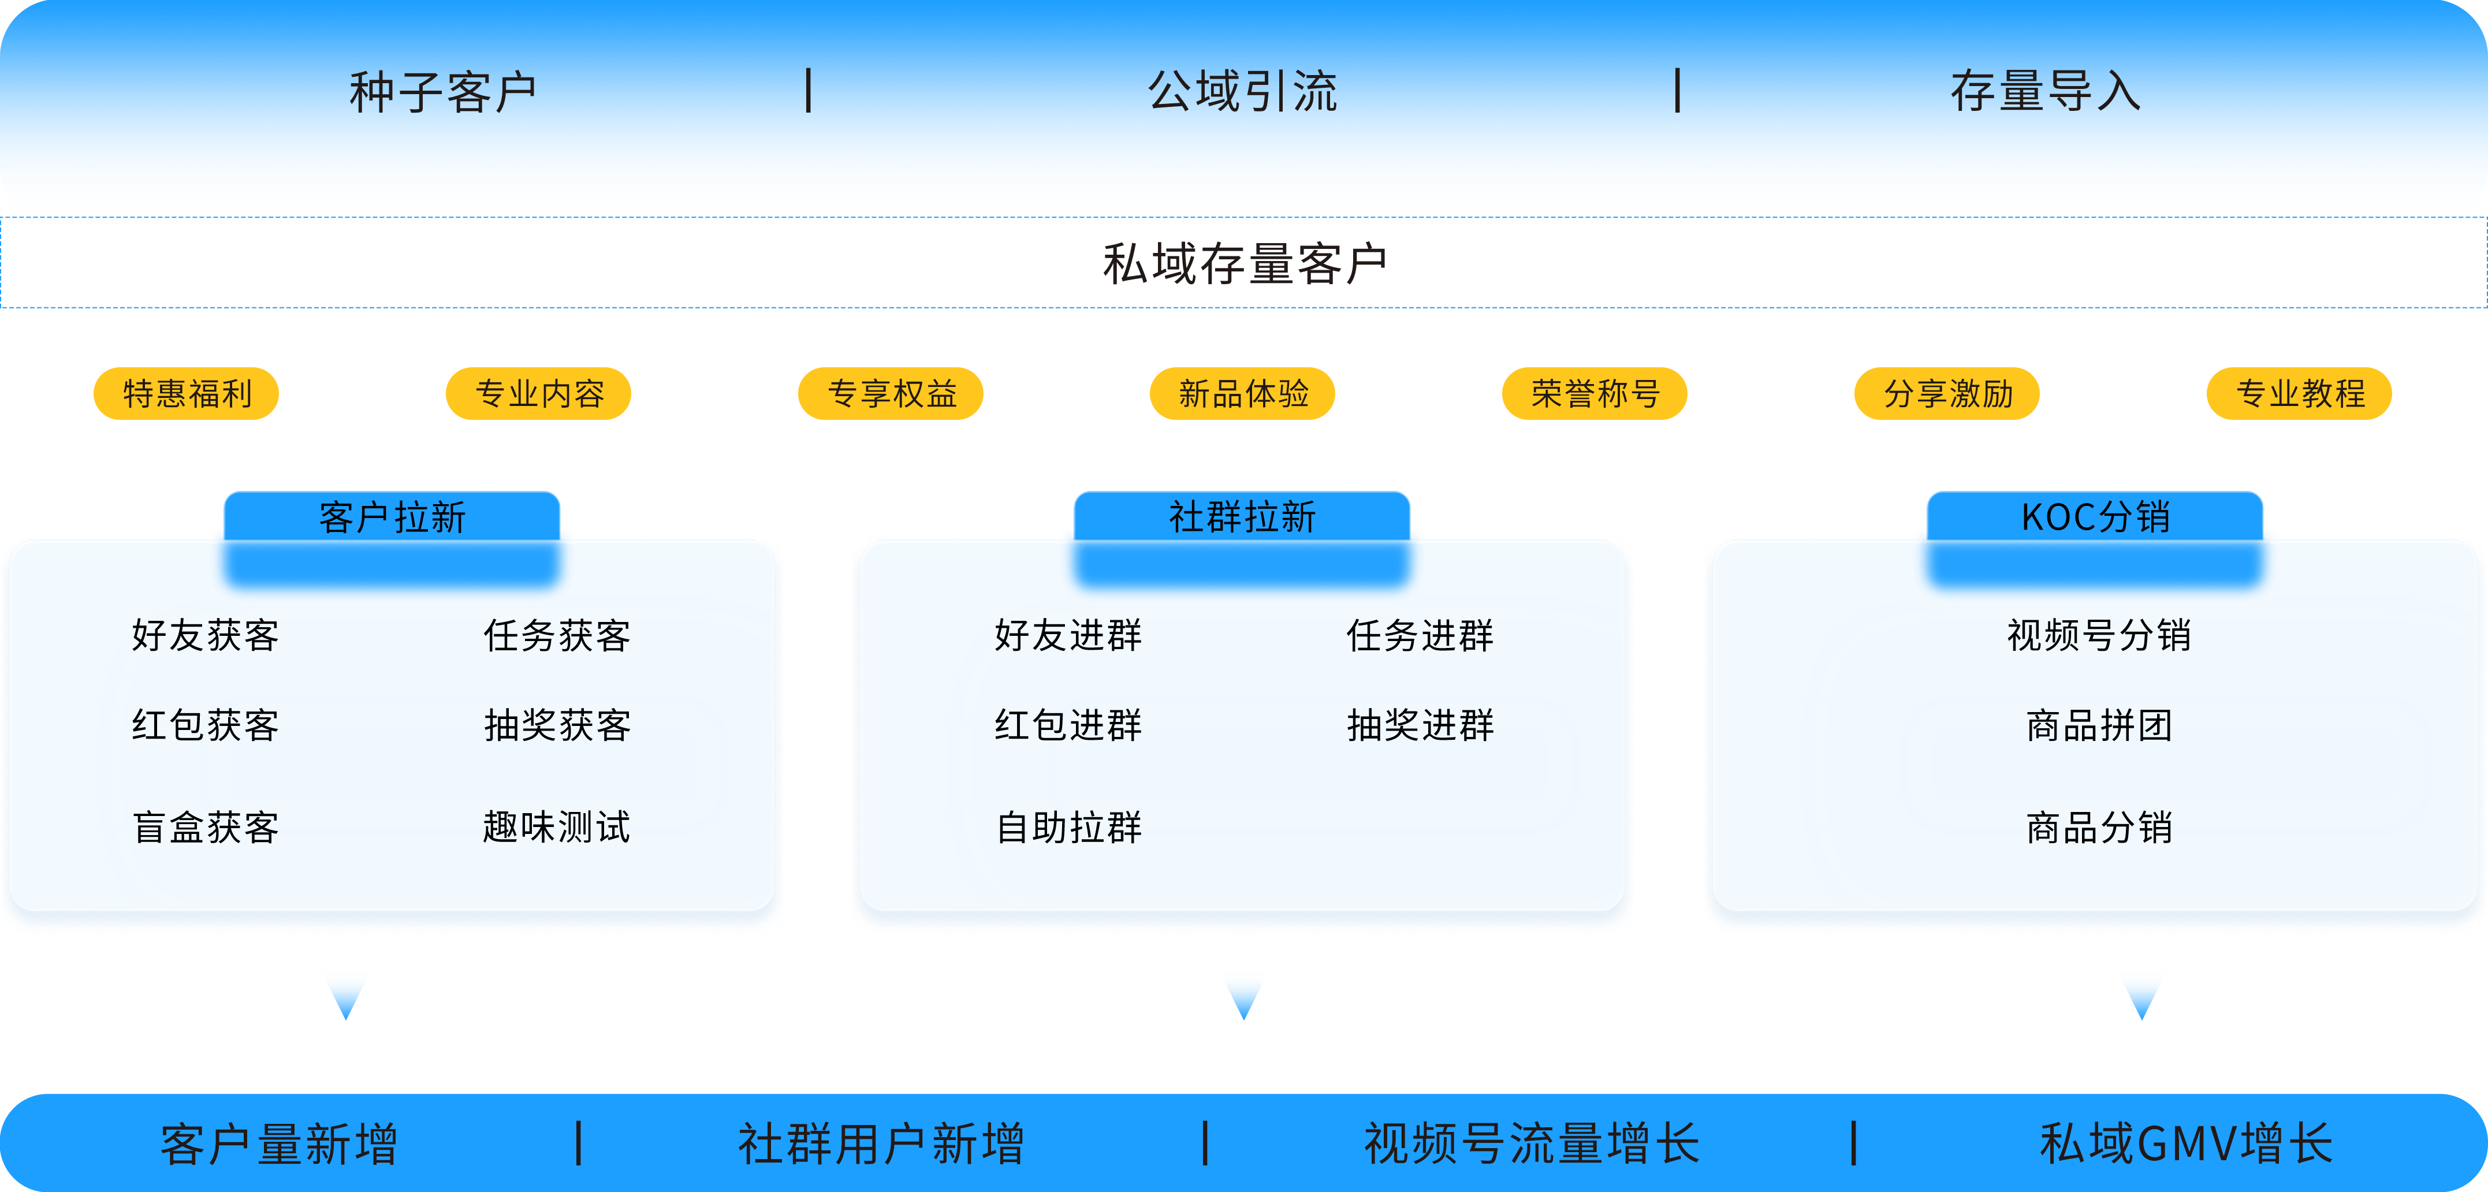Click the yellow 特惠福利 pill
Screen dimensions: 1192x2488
pyautogui.click(x=187, y=394)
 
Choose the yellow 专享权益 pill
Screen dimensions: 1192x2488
pyautogui.click(x=891, y=394)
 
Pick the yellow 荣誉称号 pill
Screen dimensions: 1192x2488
pyautogui.click(x=1595, y=394)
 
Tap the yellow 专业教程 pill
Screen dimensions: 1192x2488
pyautogui.click(x=2300, y=394)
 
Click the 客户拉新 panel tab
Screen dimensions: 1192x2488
pyautogui.click(x=392, y=517)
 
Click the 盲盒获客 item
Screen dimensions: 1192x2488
pyautogui.click(x=205, y=828)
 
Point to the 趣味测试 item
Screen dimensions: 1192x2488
pyautogui.click(x=556, y=828)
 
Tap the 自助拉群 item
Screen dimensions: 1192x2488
pyautogui.click(x=1068, y=828)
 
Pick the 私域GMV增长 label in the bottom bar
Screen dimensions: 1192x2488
pyautogui.click(x=2186, y=1143)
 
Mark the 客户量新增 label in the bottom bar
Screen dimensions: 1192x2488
pyautogui.click(x=279, y=1143)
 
